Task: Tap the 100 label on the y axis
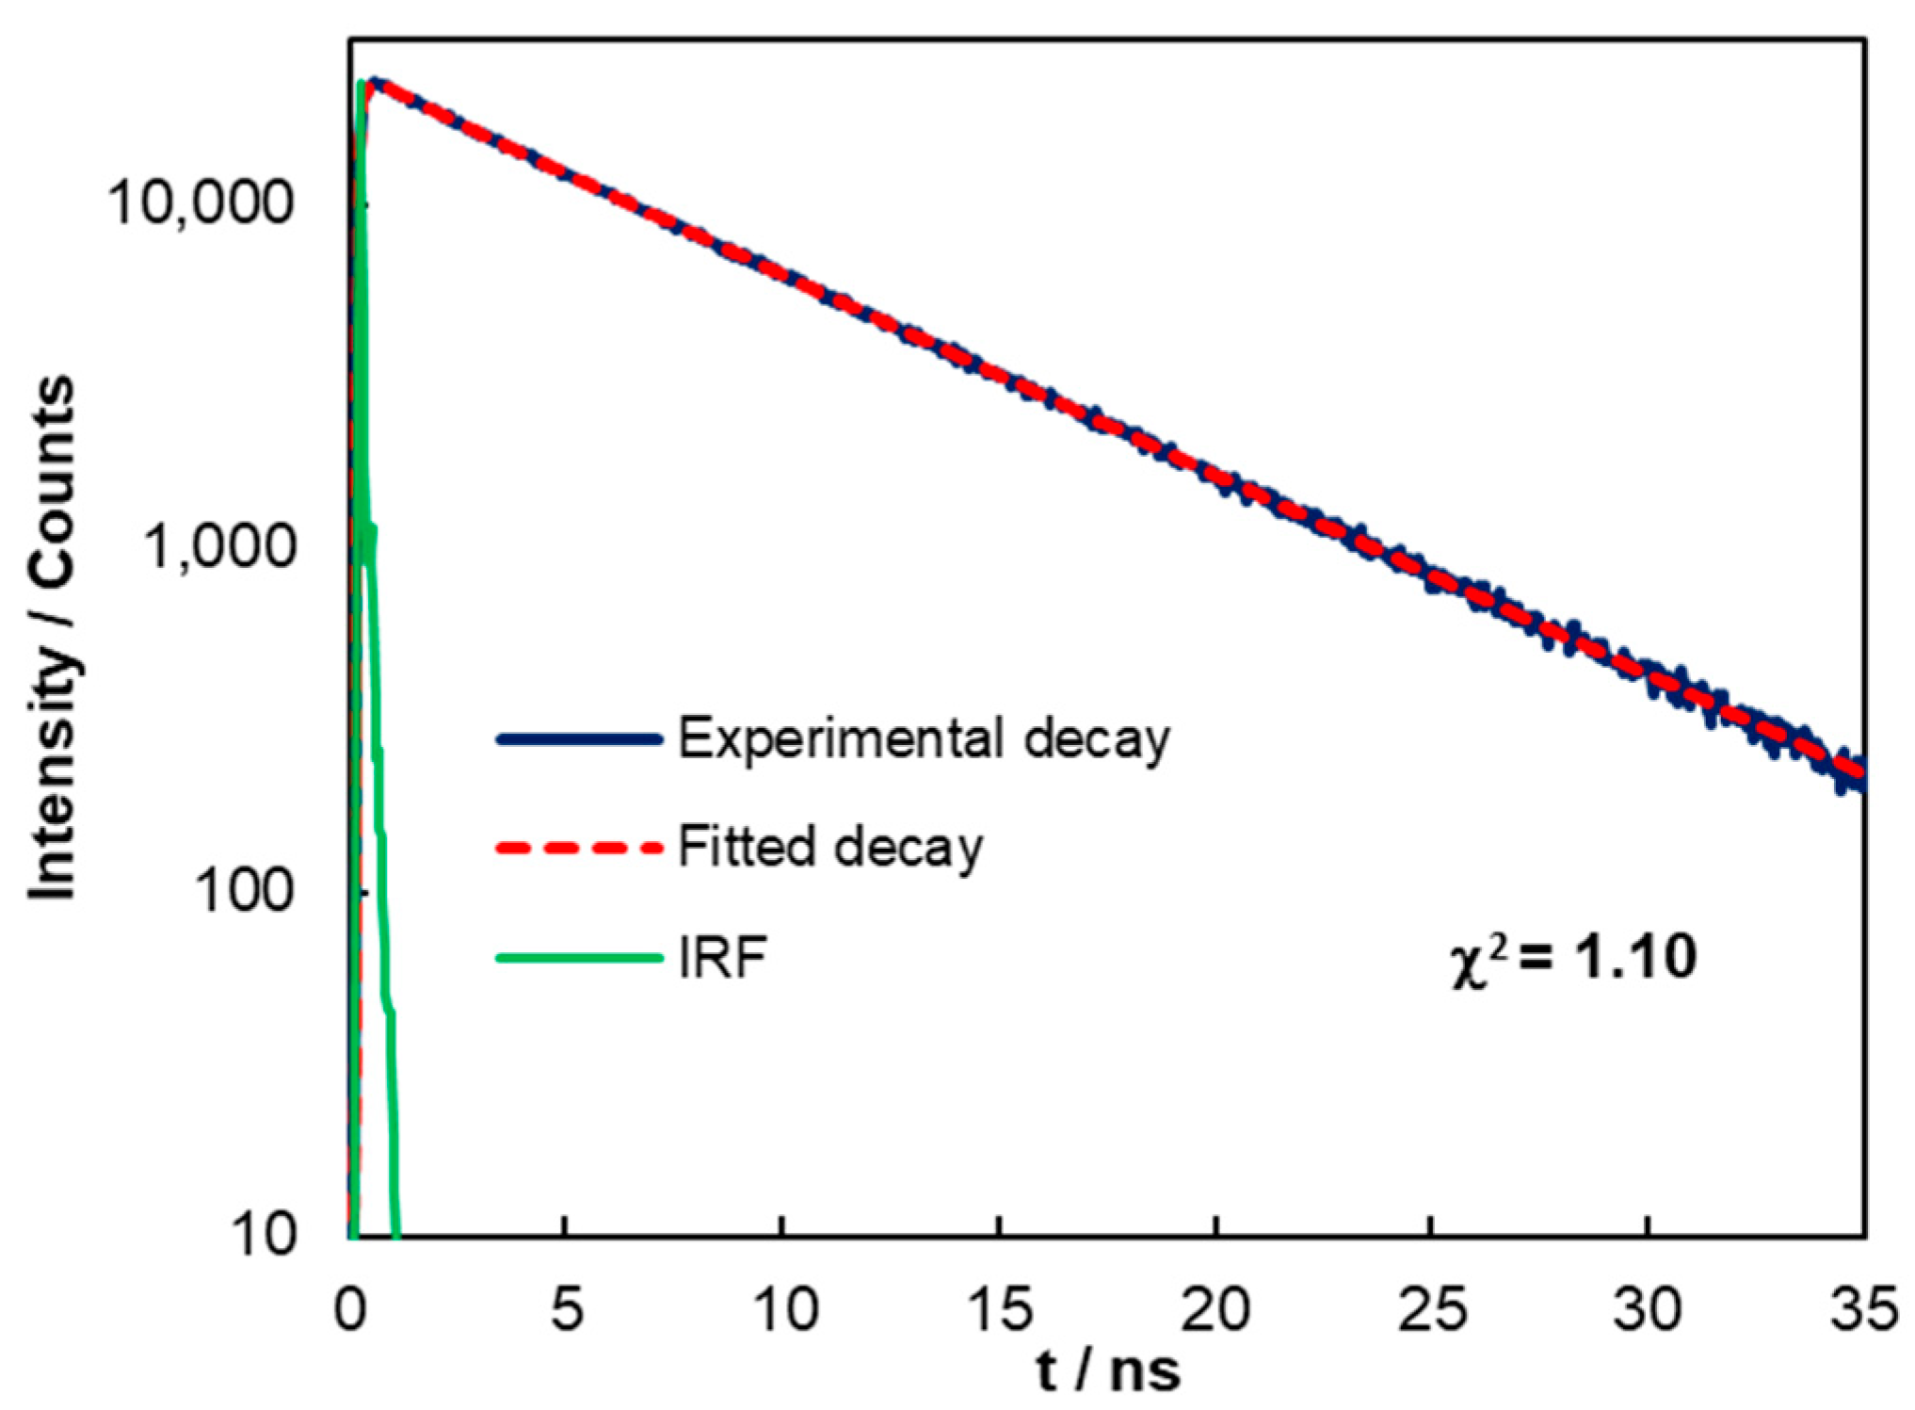244,889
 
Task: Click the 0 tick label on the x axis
349,1308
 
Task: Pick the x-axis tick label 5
566,1308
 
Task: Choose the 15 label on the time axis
999,1308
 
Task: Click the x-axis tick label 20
1215,1308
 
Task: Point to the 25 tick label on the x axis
1432,1308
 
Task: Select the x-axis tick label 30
1648,1308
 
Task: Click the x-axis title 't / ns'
1108,1370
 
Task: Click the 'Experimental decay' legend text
924,738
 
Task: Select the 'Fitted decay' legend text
830,847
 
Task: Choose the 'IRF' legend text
722,958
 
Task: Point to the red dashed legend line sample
579,848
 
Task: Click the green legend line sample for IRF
579,959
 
